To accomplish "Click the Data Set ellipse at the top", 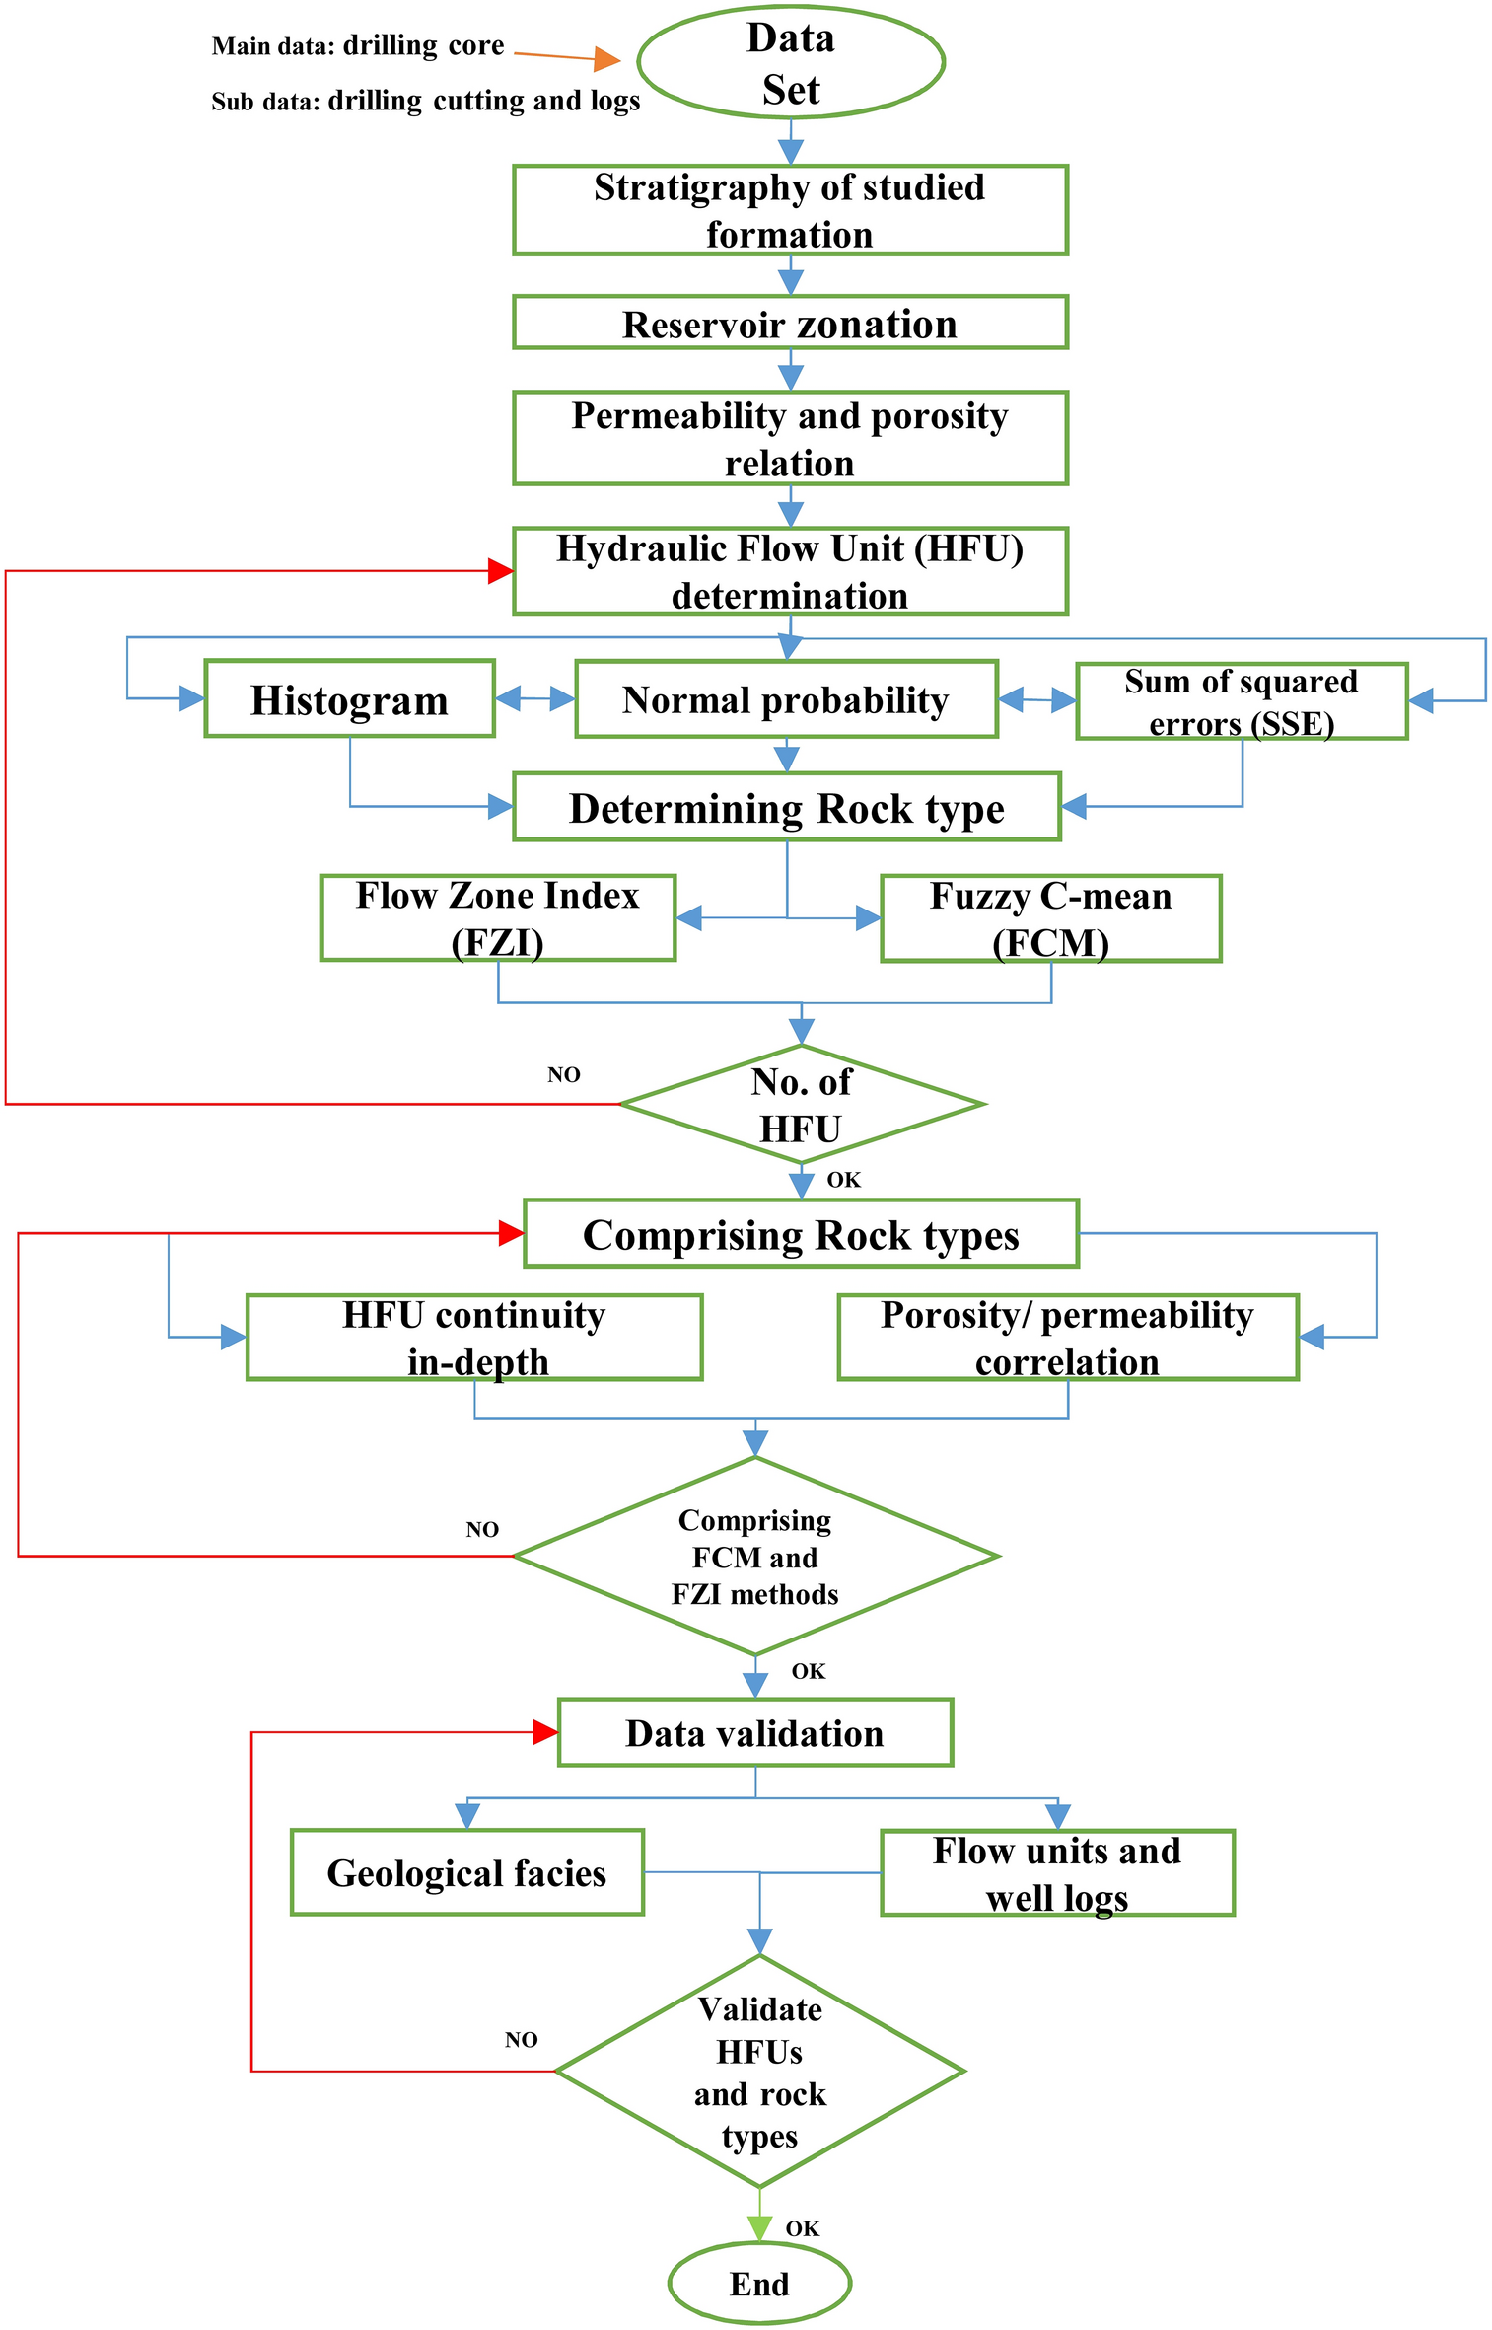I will click(790, 62).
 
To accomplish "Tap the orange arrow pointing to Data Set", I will click(604, 59).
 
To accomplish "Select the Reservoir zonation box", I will click(790, 323).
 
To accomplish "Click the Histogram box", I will click(349, 698).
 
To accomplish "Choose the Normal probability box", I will click(786, 699).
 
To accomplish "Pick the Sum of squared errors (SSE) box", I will click(1241, 701).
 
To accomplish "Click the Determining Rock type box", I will click(786, 807).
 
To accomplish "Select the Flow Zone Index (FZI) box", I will click(497, 917).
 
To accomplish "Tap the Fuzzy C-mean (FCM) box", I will click(1050, 918).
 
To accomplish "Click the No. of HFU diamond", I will click(801, 1104).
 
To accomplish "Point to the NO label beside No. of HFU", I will click(563, 1074).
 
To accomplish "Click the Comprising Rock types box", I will click(801, 1233).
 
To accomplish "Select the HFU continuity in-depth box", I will click(473, 1337).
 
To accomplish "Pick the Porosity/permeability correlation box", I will click(1067, 1337).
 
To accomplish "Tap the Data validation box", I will click(754, 1732).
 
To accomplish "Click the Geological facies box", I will click(466, 1871).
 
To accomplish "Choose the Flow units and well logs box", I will click(1057, 1872).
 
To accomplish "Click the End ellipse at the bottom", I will click(759, 2283).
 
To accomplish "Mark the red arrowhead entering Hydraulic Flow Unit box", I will click(501, 570).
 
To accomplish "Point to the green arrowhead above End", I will click(759, 2226).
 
